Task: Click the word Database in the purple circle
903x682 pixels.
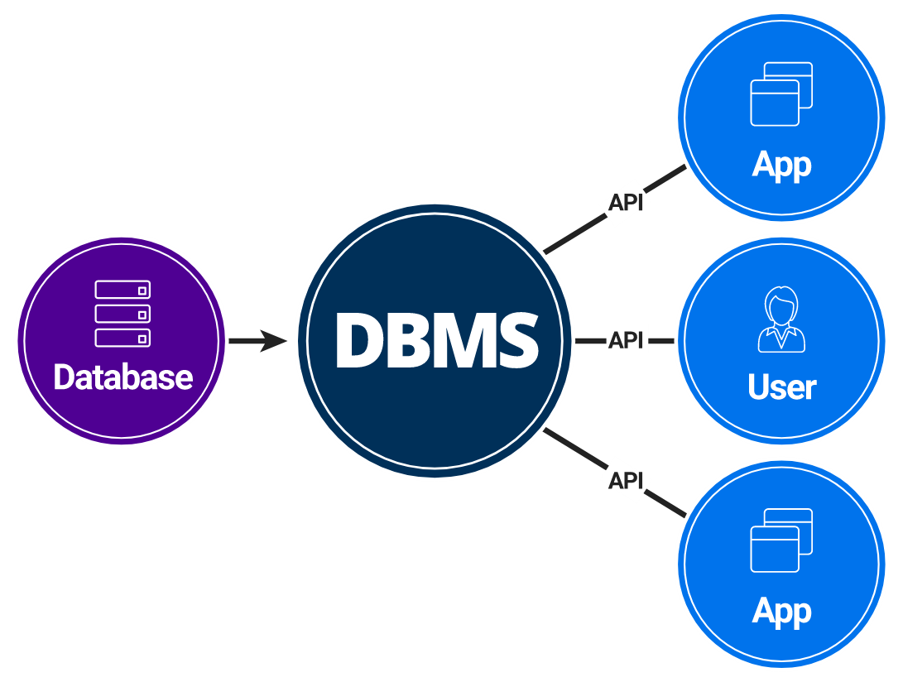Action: [x=122, y=377]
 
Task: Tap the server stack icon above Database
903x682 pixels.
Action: [x=122, y=314]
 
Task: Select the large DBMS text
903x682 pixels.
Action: [x=436, y=340]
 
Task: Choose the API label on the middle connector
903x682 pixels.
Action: [x=627, y=340]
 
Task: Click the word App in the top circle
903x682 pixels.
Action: [x=781, y=165]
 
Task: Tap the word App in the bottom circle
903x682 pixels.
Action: [x=781, y=612]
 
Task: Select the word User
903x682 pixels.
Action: [x=781, y=387]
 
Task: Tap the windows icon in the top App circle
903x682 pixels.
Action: [x=781, y=94]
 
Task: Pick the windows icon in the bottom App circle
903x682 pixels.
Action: [x=781, y=540]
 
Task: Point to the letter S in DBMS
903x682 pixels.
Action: [x=513, y=340]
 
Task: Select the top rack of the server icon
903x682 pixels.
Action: [x=122, y=291]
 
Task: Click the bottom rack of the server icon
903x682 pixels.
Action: [x=122, y=338]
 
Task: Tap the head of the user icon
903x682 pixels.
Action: [x=781, y=305]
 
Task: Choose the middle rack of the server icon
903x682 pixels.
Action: [x=122, y=314]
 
